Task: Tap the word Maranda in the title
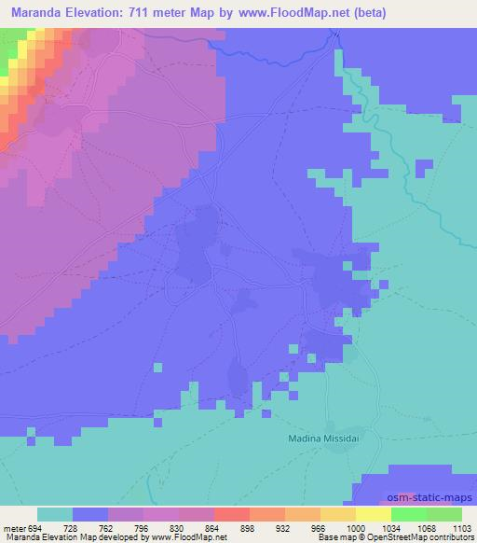click(34, 13)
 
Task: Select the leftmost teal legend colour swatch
click(55, 514)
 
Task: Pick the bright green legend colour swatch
click(409, 514)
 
